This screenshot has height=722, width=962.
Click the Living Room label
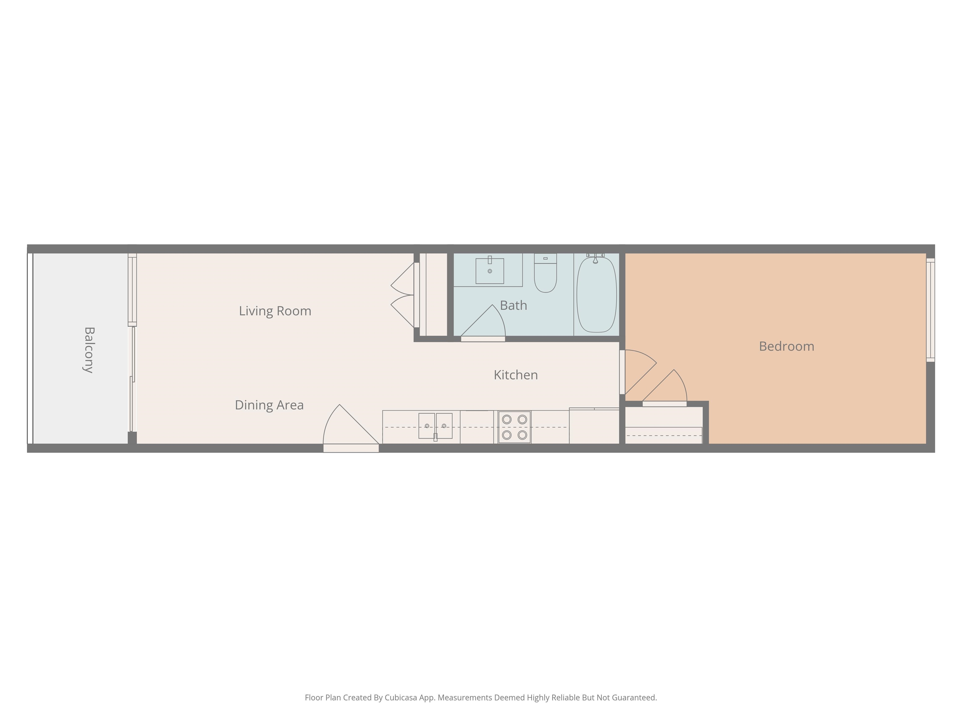tap(275, 311)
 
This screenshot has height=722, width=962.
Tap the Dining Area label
tap(269, 405)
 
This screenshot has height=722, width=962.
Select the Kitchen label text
tap(516, 375)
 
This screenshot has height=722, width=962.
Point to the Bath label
tap(514, 306)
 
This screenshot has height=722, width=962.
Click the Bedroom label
tap(786, 346)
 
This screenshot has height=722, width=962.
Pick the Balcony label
tap(89, 350)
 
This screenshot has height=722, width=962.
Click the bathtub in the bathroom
tap(596, 295)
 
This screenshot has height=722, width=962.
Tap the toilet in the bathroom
tap(546, 273)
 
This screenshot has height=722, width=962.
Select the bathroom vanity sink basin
tap(490, 271)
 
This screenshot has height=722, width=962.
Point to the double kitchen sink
tap(435, 426)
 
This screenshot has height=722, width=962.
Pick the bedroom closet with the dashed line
tap(664, 425)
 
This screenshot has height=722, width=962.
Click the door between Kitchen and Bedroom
tap(638, 372)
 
